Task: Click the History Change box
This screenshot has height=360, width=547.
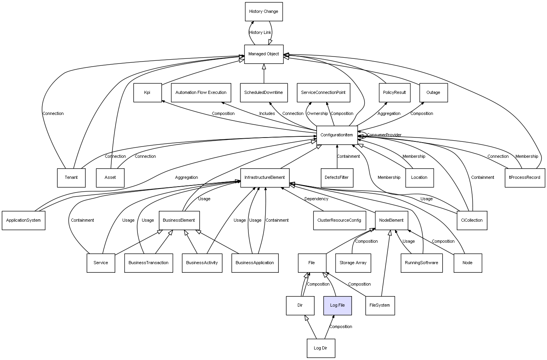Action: (x=264, y=12)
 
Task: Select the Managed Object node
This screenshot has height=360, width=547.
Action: (x=264, y=54)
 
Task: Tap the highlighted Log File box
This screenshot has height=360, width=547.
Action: (x=337, y=305)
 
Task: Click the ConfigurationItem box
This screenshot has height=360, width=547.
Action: (x=337, y=135)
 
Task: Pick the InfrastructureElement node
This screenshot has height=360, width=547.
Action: (x=265, y=178)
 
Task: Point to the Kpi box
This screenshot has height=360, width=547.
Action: (x=147, y=93)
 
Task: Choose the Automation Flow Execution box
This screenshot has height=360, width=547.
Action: (x=201, y=93)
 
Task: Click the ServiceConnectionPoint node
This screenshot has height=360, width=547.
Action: (x=323, y=93)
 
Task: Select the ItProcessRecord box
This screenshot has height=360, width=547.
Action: (x=524, y=178)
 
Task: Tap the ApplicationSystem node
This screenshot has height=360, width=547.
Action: (x=23, y=221)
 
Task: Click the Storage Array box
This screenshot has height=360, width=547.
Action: (x=353, y=263)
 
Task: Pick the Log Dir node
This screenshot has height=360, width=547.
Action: (x=320, y=348)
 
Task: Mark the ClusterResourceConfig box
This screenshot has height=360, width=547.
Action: (x=339, y=221)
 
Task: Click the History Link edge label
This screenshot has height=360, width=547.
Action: (x=260, y=33)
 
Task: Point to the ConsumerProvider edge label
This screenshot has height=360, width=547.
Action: (x=384, y=135)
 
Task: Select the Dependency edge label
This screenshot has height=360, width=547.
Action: (x=316, y=199)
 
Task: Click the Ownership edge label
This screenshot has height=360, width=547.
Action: (x=317, y=114)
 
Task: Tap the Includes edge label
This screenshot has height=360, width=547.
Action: (x=267, y=114)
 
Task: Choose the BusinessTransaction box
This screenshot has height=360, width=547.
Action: (x=148, y=263)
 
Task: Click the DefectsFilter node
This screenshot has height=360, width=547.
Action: (x=337, y=178)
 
